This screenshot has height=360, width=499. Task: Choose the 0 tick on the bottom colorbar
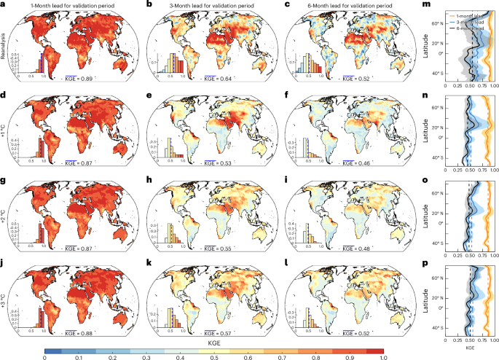pyautogui.click(x=45, y=355)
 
